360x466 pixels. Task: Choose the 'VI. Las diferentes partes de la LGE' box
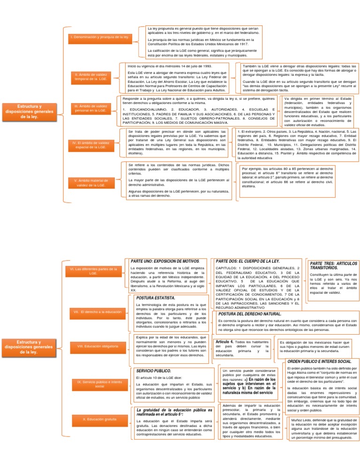click(92, 271)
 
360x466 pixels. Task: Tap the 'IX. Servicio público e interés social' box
click(92, 384)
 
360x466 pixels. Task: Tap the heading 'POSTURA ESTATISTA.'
click(155, 298)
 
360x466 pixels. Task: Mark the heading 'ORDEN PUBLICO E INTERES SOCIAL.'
click(319, 361)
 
